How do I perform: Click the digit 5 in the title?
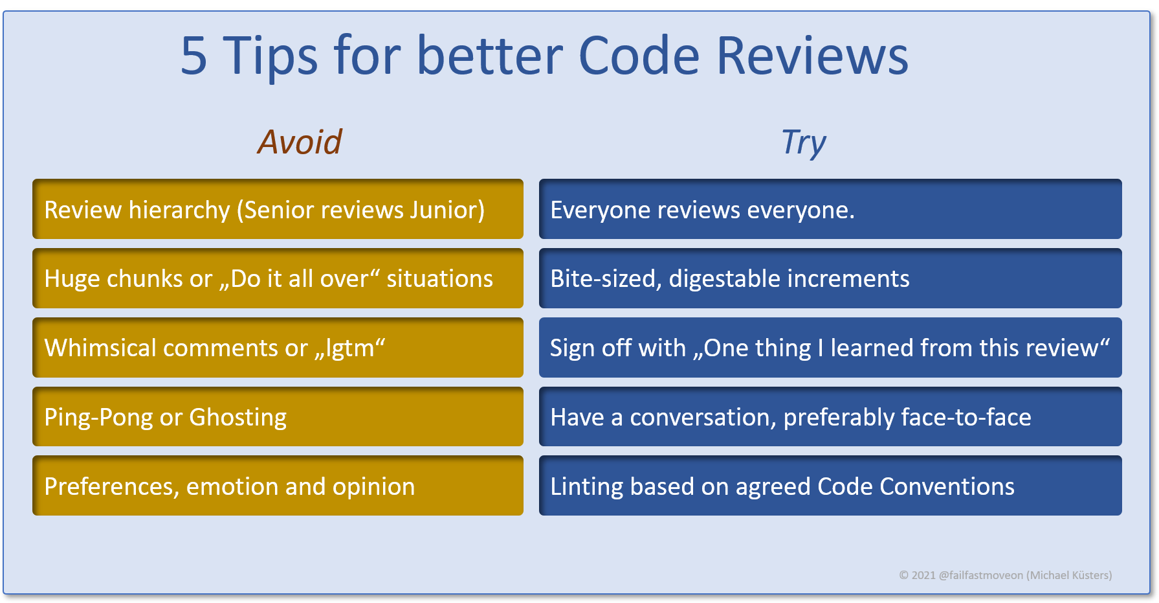194,56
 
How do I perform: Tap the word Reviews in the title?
813,56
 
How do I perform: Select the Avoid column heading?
300,142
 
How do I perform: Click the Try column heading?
804,143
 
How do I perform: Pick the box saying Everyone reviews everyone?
830,209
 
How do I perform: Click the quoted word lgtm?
350,348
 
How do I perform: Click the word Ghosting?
237,418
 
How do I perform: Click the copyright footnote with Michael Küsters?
1005,575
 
